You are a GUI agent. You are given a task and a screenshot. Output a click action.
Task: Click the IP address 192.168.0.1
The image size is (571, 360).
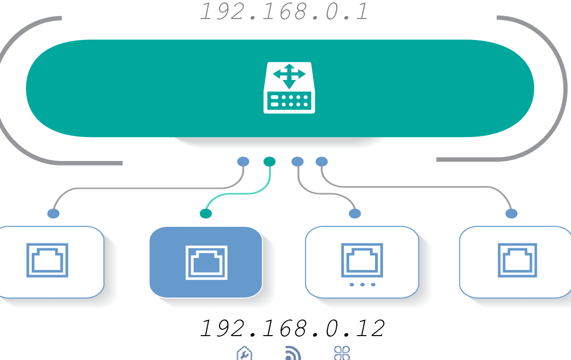click(x=284, y=11)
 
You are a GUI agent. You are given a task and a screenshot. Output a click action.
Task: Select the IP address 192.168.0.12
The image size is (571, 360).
click(x=292, y=328)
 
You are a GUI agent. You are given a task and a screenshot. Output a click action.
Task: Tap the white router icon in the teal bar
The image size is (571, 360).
click(x=289, y=88)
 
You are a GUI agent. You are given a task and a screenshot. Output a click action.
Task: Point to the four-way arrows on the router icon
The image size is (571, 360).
click(x=289, y=76)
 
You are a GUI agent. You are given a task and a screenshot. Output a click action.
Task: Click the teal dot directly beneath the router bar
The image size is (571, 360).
click(x=269, y=161)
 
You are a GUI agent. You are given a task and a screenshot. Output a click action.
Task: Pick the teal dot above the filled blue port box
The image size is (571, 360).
click(x=206, y=214)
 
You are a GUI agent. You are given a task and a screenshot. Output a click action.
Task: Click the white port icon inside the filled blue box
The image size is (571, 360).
click(x=206, y=262)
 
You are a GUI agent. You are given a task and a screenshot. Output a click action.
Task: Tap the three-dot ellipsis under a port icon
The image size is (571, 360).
click(x=362, y=285)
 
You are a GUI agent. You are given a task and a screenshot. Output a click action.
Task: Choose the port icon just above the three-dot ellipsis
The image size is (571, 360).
click(x=362, y=260)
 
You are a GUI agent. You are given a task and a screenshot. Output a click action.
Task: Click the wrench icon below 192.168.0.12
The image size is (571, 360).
click(x=245, y=353)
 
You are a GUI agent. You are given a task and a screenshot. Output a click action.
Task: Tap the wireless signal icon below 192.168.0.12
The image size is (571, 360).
click(x=293, y=354)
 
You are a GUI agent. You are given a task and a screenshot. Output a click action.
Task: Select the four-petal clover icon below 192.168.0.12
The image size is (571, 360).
click(x=342, y=353)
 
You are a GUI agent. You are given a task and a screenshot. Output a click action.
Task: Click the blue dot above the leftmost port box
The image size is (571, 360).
click(x=54, y=214)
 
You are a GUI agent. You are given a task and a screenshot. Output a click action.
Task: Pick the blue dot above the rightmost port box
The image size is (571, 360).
click(x=511, y=214)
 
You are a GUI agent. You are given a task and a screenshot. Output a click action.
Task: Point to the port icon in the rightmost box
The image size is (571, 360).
click(x=517, y=260)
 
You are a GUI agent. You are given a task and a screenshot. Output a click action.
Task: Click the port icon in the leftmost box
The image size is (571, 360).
click(x=47, y=260)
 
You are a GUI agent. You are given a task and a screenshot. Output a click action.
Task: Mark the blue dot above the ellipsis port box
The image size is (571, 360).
click(x=355, y=214)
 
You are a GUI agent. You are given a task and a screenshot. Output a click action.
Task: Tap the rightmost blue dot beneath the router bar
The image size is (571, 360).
click(x=322, y=161)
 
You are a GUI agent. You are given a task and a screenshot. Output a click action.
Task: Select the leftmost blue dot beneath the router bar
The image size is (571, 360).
click(x=243, y=161)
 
